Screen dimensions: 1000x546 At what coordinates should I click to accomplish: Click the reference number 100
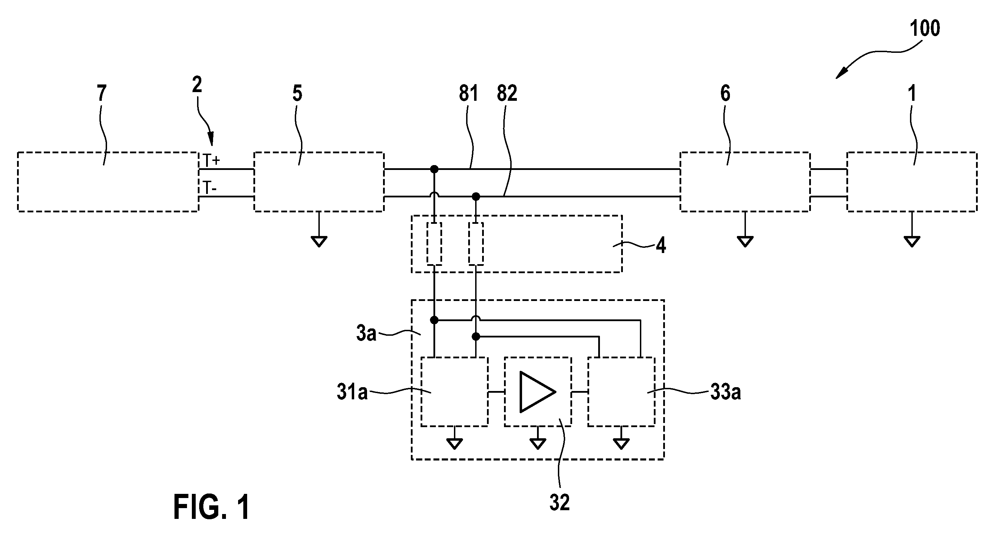[925, 28]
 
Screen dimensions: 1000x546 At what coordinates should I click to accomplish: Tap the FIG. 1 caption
[212, 507]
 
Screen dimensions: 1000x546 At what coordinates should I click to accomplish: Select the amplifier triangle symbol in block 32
[538, 392]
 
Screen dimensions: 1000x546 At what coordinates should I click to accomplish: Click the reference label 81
[469, 93]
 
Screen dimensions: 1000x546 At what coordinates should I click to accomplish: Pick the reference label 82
[507, 93]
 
